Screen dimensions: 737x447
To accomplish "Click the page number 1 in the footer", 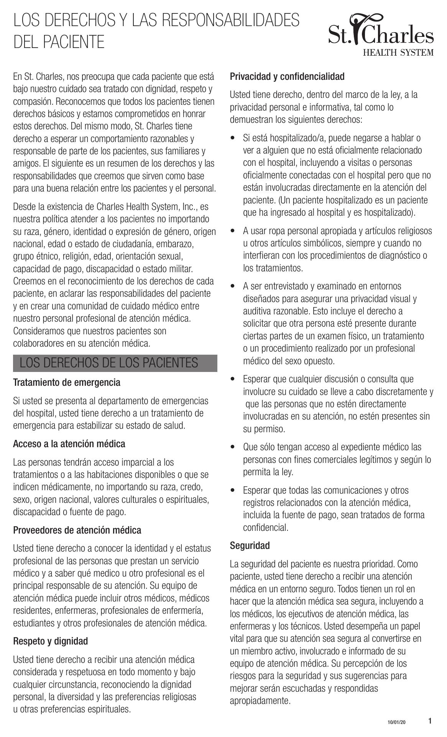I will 430,721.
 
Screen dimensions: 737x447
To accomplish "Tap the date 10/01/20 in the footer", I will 396,722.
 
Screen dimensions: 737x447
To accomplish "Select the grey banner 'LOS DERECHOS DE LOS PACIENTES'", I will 115,363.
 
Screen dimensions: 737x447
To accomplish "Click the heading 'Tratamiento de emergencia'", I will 67,383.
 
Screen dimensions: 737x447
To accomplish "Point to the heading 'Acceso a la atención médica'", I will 69,444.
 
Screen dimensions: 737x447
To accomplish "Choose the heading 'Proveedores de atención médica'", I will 77,530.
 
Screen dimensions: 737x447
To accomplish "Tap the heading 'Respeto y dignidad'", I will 51,641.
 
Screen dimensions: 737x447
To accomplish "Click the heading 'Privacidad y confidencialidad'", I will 287,76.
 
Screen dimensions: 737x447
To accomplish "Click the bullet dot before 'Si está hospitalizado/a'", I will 233,137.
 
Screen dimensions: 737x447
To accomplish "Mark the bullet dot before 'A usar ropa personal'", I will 233,231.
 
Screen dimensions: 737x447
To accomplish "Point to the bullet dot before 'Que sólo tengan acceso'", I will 233,447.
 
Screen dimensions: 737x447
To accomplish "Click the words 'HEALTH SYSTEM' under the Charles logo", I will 399,52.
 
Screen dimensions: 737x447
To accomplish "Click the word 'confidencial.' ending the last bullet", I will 266,527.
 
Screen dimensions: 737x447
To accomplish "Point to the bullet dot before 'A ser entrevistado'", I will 233,286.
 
